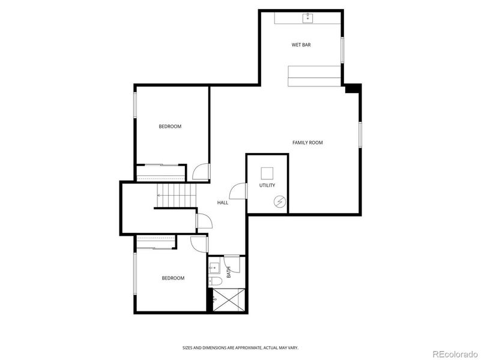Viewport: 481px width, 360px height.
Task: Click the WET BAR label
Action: point(301,45)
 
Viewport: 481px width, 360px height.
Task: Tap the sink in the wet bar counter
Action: point(309,17)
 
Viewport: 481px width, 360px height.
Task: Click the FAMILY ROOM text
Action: point(307,143)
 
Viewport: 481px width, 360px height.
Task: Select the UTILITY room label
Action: point(267,185)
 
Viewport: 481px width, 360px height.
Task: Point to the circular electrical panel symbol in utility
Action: point(279,202)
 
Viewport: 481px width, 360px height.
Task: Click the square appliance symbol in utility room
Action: point(267,173)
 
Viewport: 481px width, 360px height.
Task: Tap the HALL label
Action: point(223,203)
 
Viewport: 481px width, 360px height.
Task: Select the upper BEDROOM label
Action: point(170,127)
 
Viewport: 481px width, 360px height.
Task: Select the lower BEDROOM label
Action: point(173,278)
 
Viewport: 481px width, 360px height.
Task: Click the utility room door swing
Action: point(239,190)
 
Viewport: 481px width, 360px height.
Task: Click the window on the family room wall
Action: point(360,134)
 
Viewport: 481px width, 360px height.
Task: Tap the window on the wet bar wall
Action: point(342,50)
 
